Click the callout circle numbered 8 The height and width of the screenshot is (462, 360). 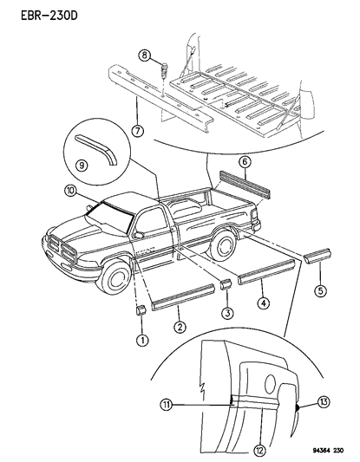(x=145, y=55)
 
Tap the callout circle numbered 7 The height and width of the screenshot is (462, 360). (x=138, y=131)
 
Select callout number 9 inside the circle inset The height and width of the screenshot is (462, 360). (x=82, y=166)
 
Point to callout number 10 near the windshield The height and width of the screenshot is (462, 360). (x=70, y=192)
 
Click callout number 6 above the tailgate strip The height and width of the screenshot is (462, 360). (x=246, y=162)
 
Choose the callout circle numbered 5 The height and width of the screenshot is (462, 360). (x=320, y=291)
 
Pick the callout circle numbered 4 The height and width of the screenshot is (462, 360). (x=264, y=303)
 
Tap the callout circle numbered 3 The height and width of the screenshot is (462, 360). (x=227, y=313)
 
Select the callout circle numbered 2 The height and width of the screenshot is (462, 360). (x=180, y=327)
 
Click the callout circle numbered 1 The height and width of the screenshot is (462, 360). (x=142, y=341)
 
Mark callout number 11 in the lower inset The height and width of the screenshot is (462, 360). (x=167, y=405)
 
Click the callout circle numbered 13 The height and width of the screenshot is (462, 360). (x=324, y=401)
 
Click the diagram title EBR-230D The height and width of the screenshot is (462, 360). (x=49, y=16)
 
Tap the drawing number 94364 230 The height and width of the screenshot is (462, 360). (x=327, y=451)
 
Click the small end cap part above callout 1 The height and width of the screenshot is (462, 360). (x=141, y=310)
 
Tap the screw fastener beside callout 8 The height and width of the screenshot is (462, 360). (x=164, y=69)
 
